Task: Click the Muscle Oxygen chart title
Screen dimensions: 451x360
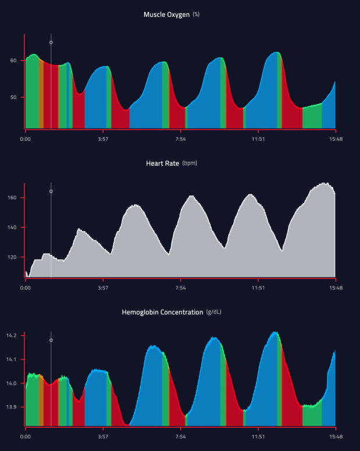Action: coord(166,15)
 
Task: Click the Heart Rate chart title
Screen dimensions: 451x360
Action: coord(162,164)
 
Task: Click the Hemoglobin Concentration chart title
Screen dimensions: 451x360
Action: coord(162,312)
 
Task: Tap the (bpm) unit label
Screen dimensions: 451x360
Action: coord(190,164)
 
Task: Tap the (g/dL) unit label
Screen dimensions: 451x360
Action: coord(214,312)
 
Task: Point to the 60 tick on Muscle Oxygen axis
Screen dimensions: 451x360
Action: coord(13,61)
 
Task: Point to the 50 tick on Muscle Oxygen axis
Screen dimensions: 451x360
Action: coord(13,97)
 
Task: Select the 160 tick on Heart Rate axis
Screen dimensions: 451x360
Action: coord(12,198)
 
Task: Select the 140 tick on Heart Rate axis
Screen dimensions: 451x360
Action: coord(12,228)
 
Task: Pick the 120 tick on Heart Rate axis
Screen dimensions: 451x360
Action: coord(12,257)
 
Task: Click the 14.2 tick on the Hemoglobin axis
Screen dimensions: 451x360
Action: coord(12,336)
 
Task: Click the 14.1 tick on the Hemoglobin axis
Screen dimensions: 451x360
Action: coord(12,360)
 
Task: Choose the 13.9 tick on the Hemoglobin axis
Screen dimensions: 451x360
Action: coord(12,407)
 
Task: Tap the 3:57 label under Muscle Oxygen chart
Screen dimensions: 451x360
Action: coord(103,139)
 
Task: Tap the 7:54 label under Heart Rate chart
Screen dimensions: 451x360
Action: coord(180,288)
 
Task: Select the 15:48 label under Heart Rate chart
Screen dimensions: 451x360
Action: coord(336,288)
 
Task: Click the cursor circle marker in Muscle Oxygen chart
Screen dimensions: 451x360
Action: coord(51,42)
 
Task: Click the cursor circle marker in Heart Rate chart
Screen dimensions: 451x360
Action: coord(51,191)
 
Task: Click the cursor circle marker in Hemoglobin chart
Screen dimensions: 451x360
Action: coord(51,340)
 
